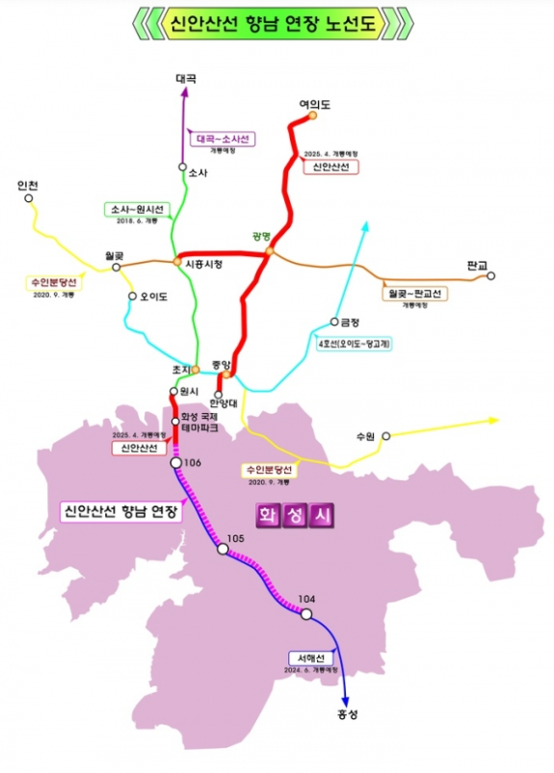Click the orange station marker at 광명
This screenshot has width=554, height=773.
pos(270,252)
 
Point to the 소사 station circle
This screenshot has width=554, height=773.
pos(182,167)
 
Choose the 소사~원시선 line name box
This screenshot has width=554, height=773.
pos(139,209)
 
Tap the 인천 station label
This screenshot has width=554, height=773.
pos(27,185)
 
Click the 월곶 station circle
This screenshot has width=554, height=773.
pos(117,268)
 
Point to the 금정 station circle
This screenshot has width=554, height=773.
pos(334,322)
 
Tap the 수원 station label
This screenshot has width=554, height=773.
pos(364,436)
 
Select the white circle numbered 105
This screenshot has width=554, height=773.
pos(223,550)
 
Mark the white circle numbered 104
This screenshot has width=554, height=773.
pos(305,614)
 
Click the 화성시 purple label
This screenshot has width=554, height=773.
pos(295,515)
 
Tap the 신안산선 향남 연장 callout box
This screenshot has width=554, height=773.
pos(120,511)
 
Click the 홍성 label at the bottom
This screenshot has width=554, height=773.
pos(347,714)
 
